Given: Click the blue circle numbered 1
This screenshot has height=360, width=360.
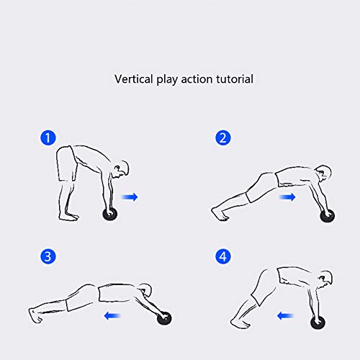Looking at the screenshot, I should pos(47,137).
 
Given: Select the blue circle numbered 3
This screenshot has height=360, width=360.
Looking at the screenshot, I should pos(47,256).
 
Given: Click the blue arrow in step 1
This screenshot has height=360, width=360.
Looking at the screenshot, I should pos(130,197).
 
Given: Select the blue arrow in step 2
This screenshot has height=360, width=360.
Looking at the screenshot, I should pos(287,196).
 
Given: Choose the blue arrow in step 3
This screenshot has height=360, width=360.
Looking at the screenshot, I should pos(112,314).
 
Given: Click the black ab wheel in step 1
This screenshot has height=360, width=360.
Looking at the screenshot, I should pos(109,215).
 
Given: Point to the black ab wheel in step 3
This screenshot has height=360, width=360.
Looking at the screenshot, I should pos(166,319).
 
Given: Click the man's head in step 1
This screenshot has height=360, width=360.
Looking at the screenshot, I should pos(124,169).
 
